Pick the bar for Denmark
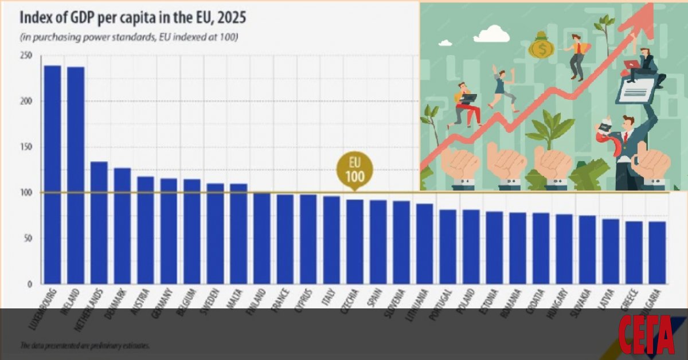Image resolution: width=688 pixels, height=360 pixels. pyautogui.click(x=122, y=226)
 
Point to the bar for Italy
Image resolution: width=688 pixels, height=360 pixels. pyautogui.click(x=331, y=240)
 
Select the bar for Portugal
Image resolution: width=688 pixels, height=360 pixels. pyautogui.click(x=448, y=246)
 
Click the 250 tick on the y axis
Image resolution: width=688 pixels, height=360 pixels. pyautogui.click(x=26, y=56)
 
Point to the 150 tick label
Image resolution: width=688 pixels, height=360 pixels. pyautogui.click(x=26, y=147)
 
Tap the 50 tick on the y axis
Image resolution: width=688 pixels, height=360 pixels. pyautogui.click(x=28, y=238)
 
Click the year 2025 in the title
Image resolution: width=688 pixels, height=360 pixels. pyautogui.click(x=229, y=18)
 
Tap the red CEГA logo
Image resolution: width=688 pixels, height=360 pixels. pyautogui.click(x=646, y=335)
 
